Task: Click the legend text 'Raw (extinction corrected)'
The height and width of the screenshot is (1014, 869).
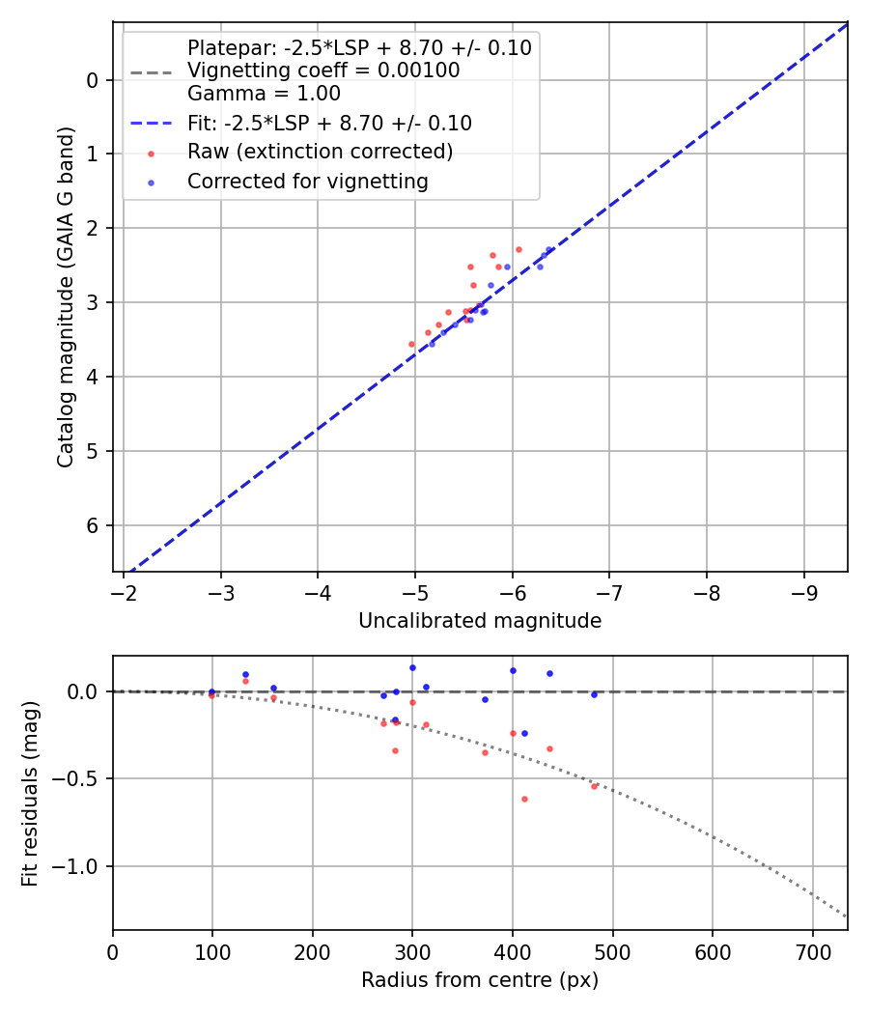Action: point(320,152)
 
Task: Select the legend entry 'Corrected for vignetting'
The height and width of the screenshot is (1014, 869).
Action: point(307,181)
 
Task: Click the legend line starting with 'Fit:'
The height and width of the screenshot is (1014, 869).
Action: point(329,123)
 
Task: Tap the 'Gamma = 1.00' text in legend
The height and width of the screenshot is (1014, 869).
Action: point(264,94)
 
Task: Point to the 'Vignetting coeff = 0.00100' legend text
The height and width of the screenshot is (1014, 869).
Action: point(323,70)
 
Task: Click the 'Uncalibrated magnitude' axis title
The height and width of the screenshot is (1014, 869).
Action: point(480,621)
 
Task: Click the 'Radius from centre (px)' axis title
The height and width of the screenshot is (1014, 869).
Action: point(480,980)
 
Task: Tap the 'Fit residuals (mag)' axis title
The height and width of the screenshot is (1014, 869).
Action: point(31,794)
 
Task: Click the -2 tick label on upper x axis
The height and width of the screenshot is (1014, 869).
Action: point(125,591)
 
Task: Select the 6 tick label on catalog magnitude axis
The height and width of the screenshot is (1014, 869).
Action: point(94,525)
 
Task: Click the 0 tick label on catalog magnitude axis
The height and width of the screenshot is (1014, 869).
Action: point(94,79)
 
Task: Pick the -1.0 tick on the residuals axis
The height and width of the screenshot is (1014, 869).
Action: point(77,866)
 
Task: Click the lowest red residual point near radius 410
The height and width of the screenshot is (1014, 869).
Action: point(524,799)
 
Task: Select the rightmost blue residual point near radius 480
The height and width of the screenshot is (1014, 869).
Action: point(594,694)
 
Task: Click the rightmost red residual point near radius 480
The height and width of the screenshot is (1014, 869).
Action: point(594,786)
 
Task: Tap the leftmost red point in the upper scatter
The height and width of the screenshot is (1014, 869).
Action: point(411,344)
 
